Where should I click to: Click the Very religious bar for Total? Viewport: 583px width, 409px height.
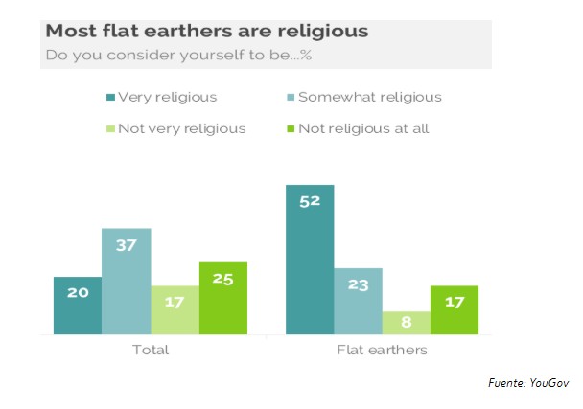point(78,306)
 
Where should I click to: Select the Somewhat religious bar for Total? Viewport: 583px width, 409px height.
point(127,282)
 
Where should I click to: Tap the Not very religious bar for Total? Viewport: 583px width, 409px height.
point(175,310)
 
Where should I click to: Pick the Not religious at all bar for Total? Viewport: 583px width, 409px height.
point(223,298)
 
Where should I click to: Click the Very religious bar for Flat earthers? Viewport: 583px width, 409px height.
point(310,260)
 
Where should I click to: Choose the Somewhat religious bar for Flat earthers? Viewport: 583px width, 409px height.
point(359,302)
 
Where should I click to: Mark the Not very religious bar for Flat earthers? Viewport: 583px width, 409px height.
point(407,323)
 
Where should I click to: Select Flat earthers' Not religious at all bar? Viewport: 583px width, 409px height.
point(455,310)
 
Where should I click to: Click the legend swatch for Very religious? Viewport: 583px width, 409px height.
point(111,97)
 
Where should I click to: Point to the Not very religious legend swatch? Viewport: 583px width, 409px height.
point(111,128)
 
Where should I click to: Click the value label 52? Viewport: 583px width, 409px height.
point(310,202)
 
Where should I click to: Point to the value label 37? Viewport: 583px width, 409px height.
point(127,245)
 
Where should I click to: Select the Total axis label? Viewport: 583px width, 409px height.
point(150,350)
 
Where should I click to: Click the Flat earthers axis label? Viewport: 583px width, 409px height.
point(382,350)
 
